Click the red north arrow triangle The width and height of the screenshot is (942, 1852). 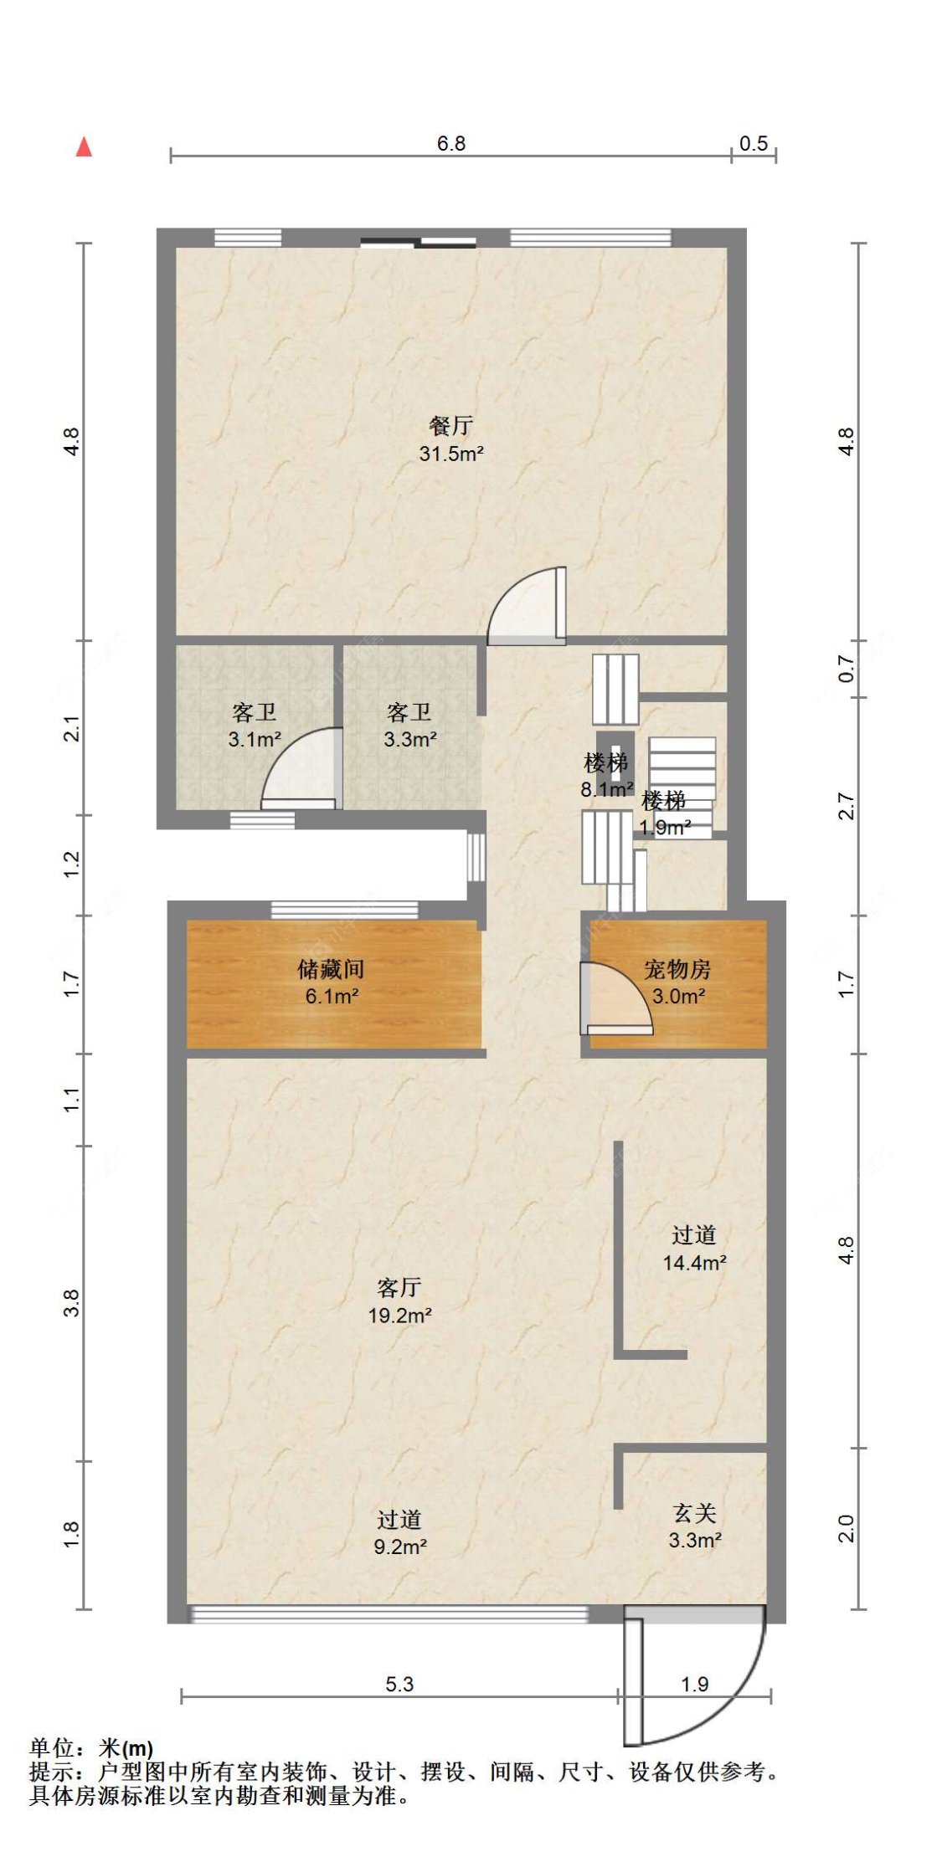coord(84,146)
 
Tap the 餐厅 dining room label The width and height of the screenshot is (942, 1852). coord(450,426)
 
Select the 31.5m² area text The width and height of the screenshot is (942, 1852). coord(451,454)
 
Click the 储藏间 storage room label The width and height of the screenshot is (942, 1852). coord(331,969)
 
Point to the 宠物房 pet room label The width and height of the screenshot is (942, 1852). coord(677,969)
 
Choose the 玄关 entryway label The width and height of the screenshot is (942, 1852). coord(695,1513)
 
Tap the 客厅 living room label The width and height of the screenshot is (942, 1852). coord(399,1287)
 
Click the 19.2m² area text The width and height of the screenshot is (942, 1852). coord(399,1316)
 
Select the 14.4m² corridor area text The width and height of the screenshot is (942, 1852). coord(695,1263)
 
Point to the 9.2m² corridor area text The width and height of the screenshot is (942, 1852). coord(400,1547)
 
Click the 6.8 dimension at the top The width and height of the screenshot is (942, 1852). coord(451,143)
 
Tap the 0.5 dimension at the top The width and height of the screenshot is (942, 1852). coord(754,143)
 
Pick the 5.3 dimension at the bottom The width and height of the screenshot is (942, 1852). coord(399,1684)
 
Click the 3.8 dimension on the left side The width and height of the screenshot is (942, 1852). coord(71,1303)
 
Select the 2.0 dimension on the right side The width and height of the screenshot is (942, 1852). coord(847,1528)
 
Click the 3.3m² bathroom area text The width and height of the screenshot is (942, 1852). coord(410,740)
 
